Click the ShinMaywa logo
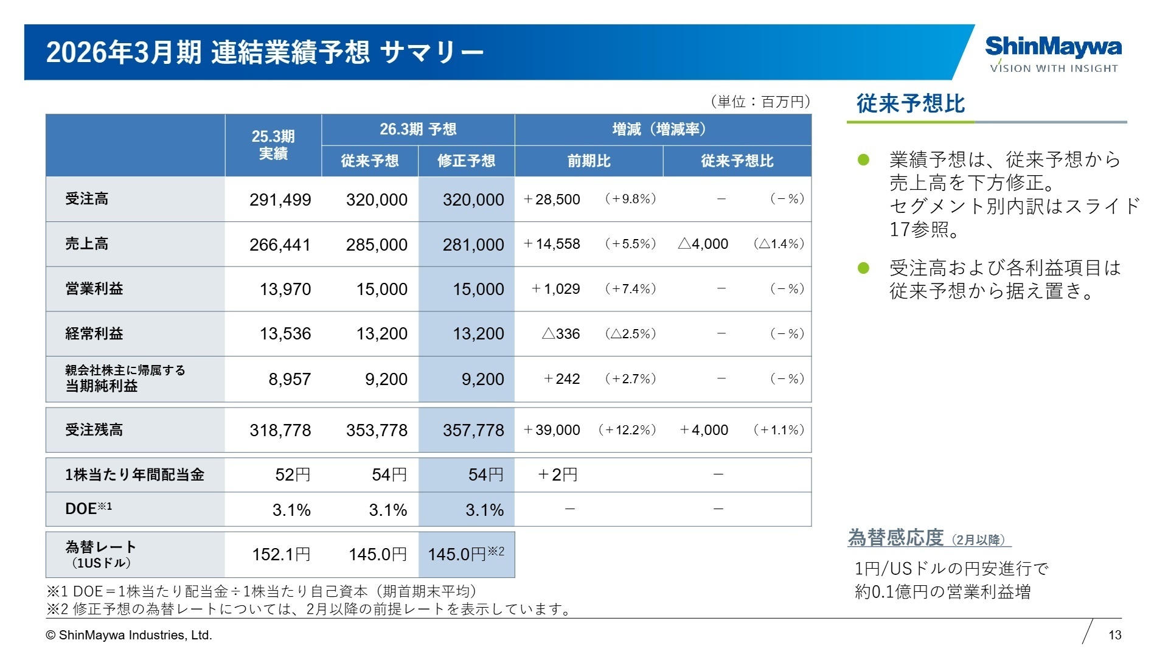coord(1053,54)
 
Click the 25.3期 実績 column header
coord(273,145)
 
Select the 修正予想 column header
coord(466,161)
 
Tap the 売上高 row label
coord(86,244)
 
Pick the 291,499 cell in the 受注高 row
coord(280,200)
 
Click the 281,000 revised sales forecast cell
coord(473,245)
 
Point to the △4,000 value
coord(703,244)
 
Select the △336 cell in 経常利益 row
coord(560,334)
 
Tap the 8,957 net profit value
coord(290,379)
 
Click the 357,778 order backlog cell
coord(473,430)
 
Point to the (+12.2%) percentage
coord(627,430)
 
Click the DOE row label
coord(88,509)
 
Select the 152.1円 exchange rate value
coord(281,554)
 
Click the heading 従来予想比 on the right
coord(910,103)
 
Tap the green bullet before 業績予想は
coord(863,160)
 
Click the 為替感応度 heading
coord(895,538)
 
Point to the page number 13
coord(1114,635)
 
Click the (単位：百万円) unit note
coord(760,102)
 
